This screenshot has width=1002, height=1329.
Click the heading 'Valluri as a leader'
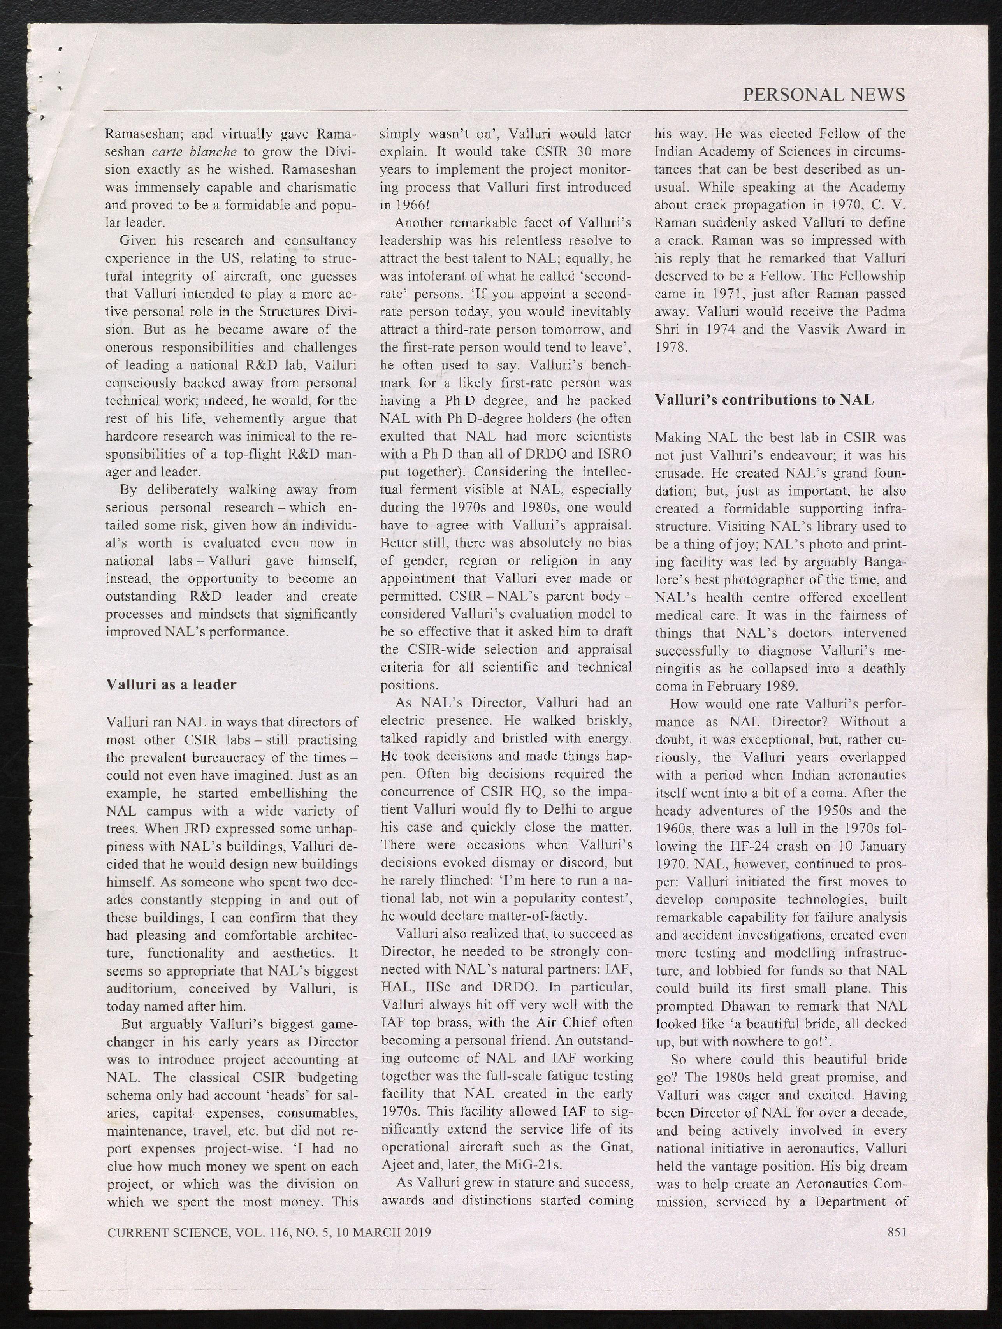[171, 684]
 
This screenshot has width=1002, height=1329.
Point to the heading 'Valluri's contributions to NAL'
[764, 399]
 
